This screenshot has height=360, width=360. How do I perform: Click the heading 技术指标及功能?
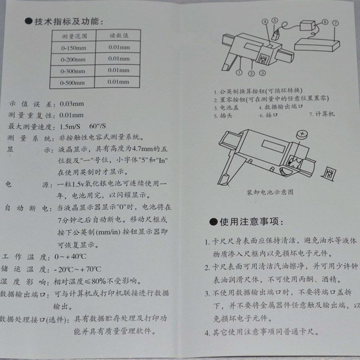(x=67, y=22)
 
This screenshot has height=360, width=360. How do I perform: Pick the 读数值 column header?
(x=119, y=34)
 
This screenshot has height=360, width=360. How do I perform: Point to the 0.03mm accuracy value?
(x=72, y=103)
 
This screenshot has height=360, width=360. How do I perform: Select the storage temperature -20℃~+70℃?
(x=79, y=270)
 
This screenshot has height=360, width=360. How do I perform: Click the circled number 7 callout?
(x=335, y=22)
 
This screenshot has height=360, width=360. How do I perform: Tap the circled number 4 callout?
(x=265, y=21)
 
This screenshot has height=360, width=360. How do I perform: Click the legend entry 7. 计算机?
(x=322, y=114)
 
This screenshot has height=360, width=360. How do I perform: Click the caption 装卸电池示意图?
(x=270, y=192)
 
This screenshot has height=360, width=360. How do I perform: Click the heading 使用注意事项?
(x=250, y=222)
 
